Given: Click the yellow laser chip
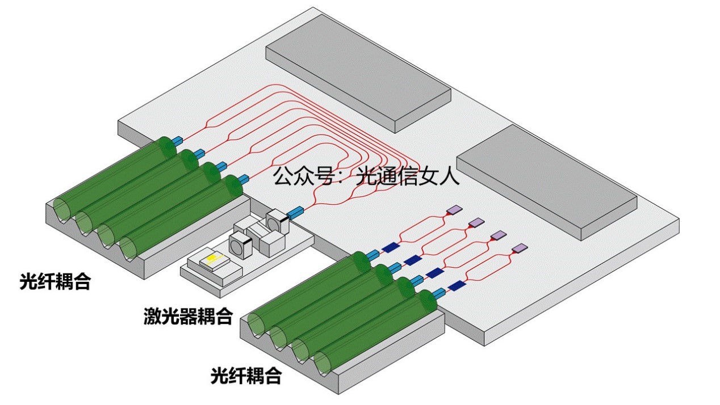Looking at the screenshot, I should pos(211,259).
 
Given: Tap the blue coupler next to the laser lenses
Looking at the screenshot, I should pos(295,214).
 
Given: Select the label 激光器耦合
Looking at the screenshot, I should pos(188,317).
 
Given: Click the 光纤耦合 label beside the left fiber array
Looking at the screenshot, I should pos(55,281).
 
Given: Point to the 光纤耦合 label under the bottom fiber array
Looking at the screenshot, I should pos(246,376).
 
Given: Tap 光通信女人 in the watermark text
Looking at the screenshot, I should pos(407,176).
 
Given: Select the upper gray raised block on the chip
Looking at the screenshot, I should pos(358,71).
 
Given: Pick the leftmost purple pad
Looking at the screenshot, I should pos(454,210).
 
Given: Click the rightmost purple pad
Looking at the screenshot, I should pos(520,248).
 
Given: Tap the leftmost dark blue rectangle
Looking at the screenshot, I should pos(390,247).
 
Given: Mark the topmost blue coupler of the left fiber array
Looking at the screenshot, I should pos(177,140).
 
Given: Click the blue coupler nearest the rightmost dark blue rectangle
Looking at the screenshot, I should pos(438,293).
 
